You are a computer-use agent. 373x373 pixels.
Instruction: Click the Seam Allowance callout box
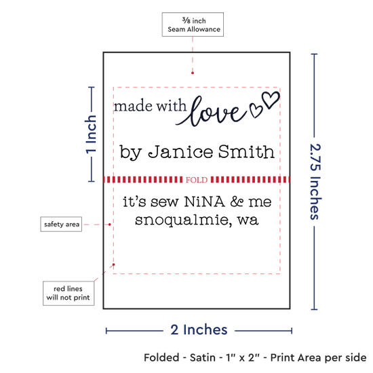193,24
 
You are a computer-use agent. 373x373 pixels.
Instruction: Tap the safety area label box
61,224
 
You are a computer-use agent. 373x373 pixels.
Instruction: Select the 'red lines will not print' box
68,293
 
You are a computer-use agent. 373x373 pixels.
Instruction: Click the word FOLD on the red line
197,180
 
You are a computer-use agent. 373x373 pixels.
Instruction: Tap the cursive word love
212,111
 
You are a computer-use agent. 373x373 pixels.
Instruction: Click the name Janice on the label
180,152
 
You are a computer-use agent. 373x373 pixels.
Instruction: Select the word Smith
246,151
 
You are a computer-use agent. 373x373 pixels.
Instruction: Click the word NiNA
204,201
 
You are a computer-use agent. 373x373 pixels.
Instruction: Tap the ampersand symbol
237,201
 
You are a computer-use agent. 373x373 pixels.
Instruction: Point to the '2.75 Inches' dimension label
315,182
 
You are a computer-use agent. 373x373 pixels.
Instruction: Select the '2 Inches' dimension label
199,330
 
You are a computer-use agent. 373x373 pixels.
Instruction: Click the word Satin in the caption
203,357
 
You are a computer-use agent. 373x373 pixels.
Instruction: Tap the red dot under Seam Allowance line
193,73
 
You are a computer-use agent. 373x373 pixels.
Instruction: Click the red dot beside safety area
110,224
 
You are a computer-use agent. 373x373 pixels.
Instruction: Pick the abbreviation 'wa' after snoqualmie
248,220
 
